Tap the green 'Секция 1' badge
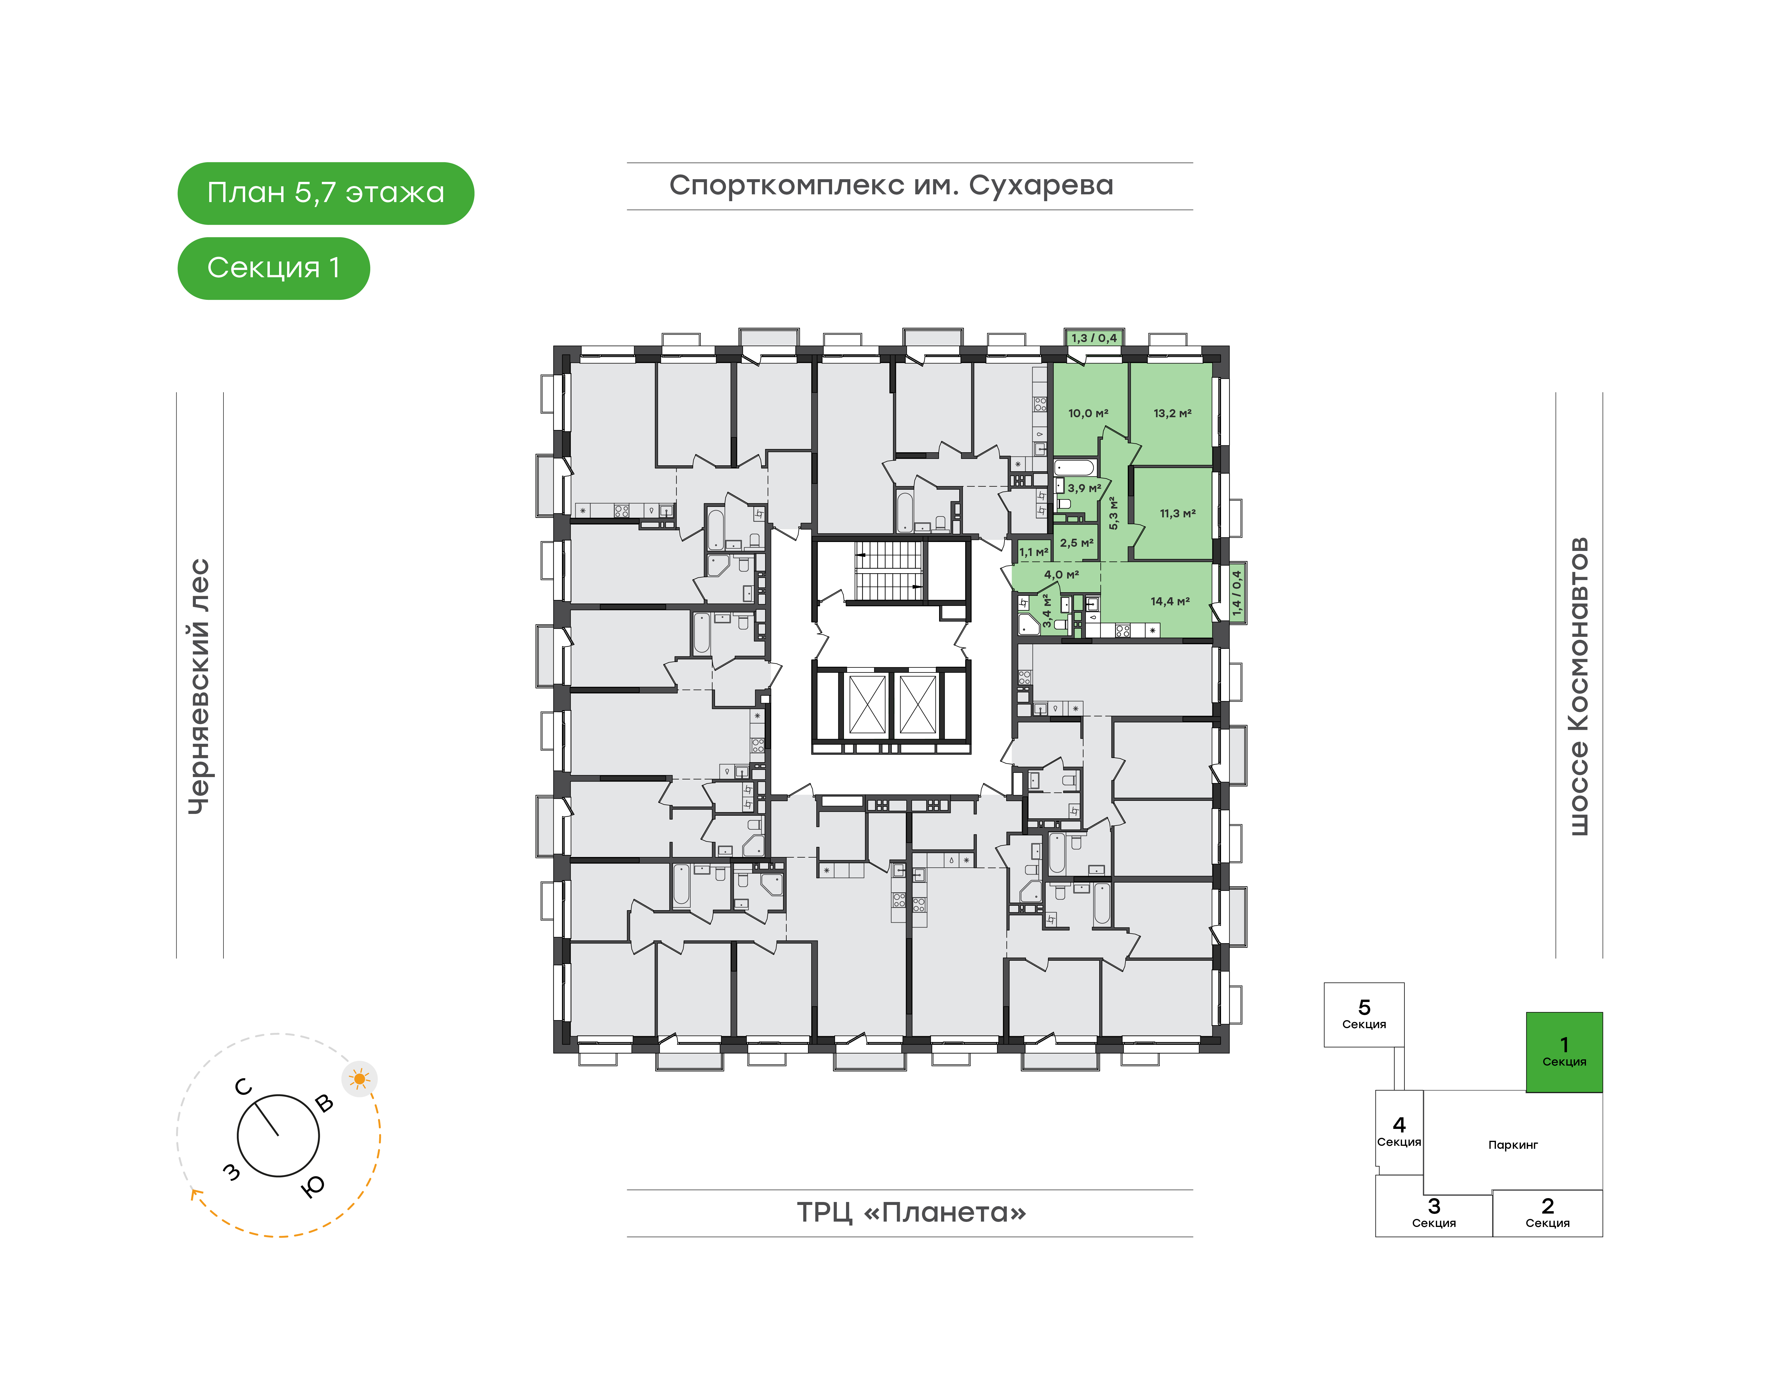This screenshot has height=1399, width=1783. pos(274,268)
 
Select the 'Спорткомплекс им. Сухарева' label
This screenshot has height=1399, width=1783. pos(891,186)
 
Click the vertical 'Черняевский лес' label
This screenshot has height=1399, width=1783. pos(199,686)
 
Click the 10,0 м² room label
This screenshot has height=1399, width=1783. pos(1088,414)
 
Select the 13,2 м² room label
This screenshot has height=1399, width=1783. pos(1172,414)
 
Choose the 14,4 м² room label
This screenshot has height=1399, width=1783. pos(1170,601)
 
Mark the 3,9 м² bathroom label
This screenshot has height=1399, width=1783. pos(1083,488)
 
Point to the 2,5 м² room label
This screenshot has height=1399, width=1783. pos(1076,543)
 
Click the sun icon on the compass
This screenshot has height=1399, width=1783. pos(360,1079)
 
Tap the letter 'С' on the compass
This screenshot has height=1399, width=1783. pos(243,1087)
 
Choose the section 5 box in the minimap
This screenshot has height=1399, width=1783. pos(1364,1015)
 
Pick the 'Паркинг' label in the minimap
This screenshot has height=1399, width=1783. pos(1513,1145)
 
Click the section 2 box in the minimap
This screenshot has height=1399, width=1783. pos(1547,1213)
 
